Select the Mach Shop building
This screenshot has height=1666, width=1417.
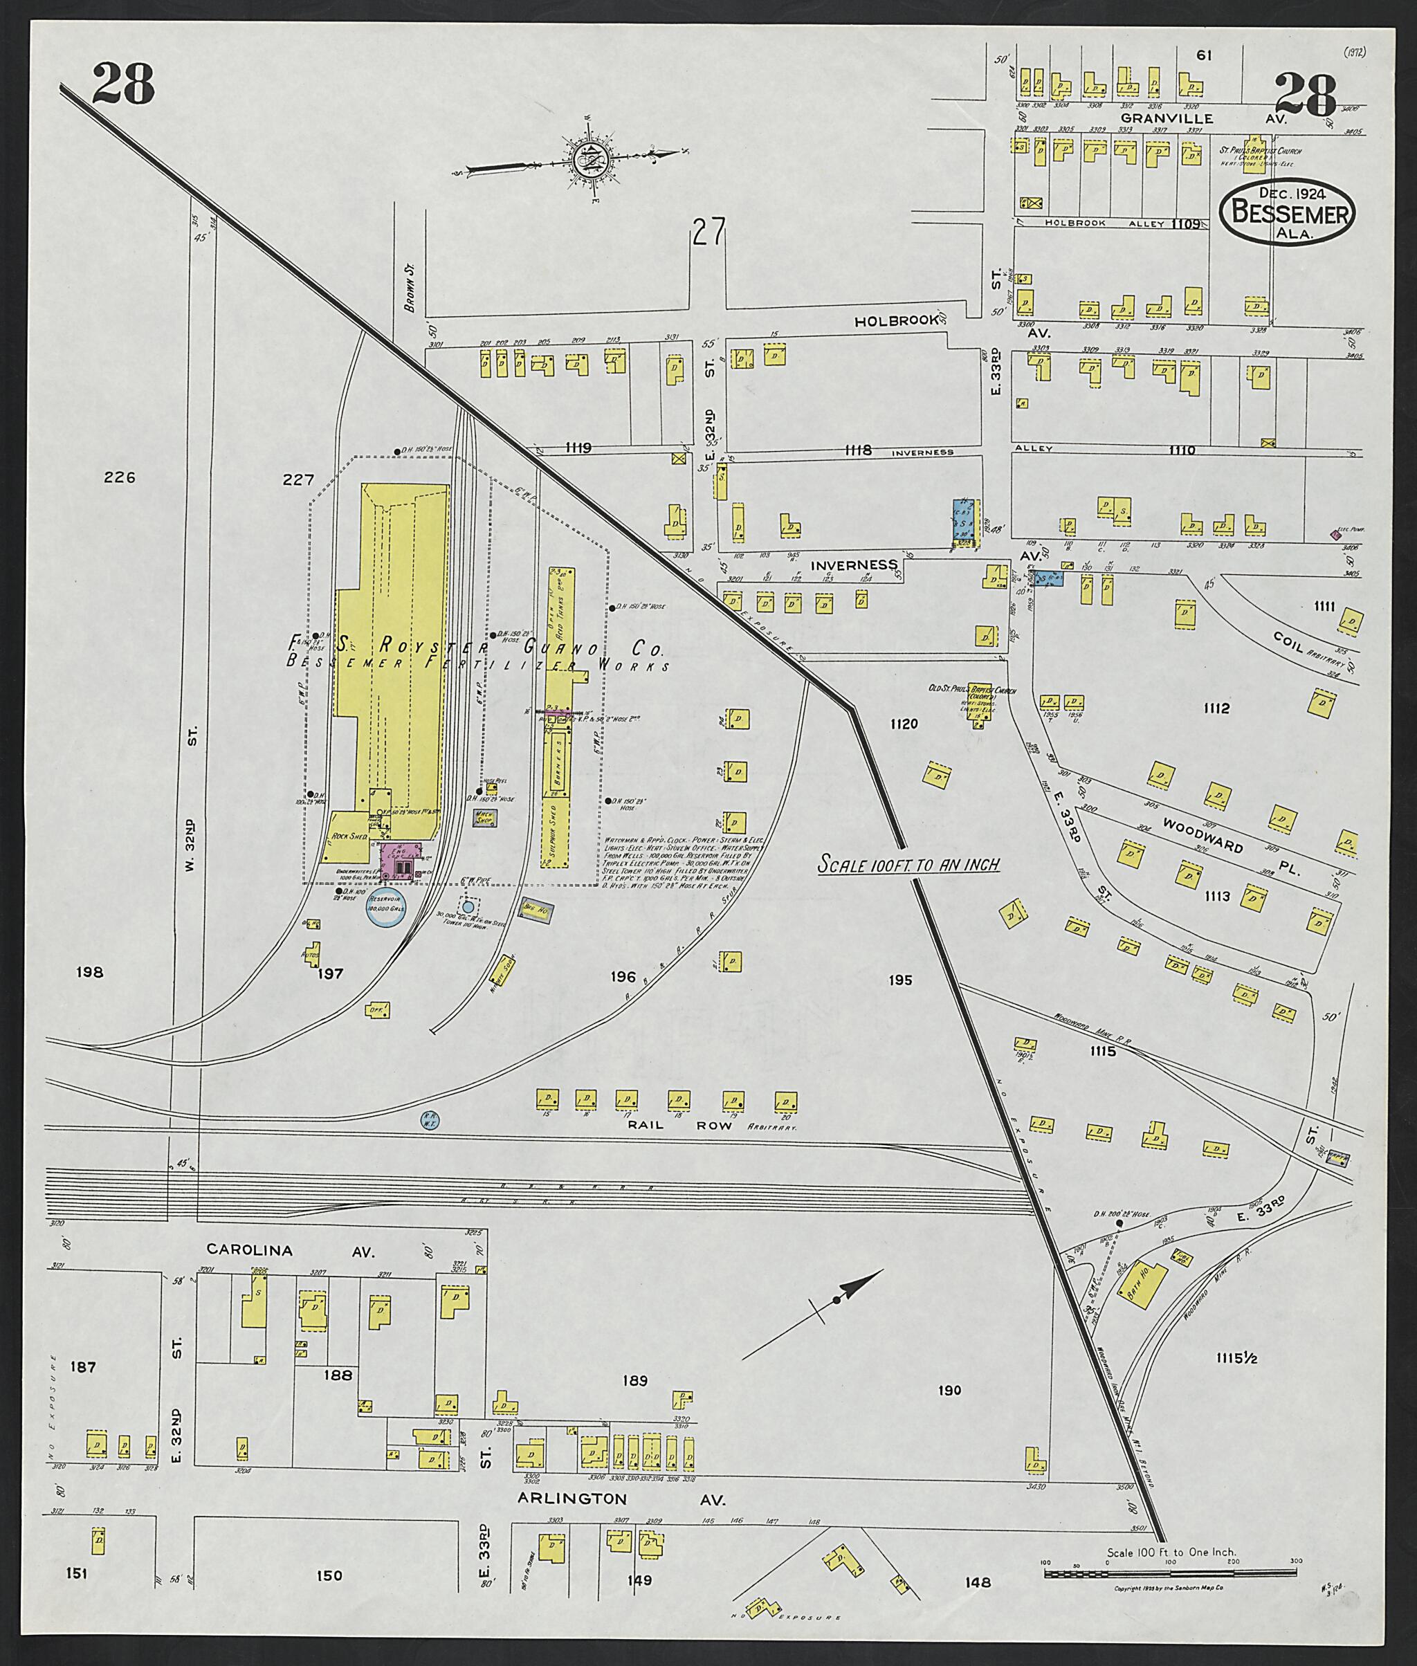click(x=484, y=818)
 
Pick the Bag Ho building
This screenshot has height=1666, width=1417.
click(x=534, y=909)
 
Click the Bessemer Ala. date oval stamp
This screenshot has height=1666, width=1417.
click(x=1287, y=212)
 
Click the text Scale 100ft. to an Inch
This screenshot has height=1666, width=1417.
click(x=908, y=864)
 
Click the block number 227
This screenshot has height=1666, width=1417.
click(x=298, y=479)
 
